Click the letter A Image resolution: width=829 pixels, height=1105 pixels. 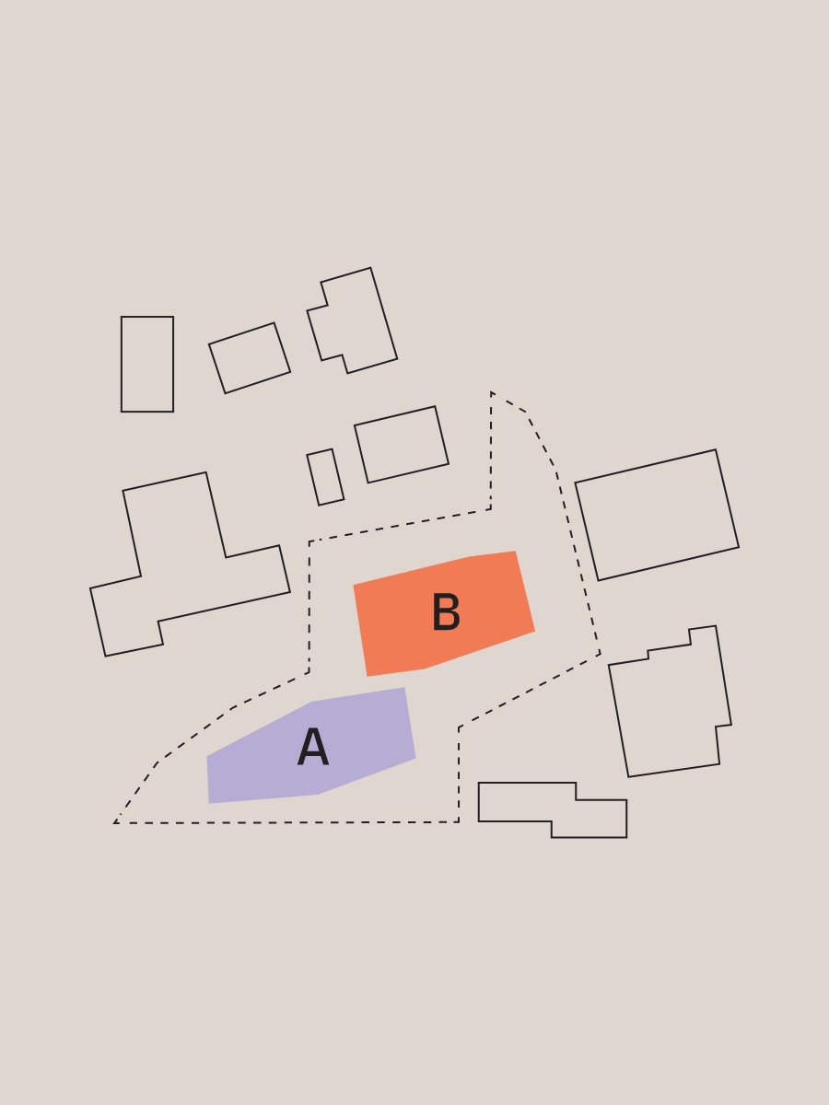(313, 747)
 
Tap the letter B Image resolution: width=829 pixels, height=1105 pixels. (446, 611)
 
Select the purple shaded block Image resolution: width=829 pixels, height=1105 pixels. (311, 746)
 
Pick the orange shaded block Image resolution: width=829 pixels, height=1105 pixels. (444, 613)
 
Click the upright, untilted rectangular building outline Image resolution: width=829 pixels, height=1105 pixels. (122, 364)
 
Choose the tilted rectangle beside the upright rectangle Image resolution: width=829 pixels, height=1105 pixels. (250, 358)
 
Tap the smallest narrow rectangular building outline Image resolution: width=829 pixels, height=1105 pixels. (325, 477)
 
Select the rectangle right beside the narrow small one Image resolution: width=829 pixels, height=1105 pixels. (402, 445)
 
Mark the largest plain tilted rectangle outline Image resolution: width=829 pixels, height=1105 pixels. (657, 515)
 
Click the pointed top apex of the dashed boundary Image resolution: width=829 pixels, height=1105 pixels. (491, 392)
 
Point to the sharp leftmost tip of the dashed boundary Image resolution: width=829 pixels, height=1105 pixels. (115, 823)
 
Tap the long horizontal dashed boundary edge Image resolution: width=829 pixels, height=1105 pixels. (286, 823)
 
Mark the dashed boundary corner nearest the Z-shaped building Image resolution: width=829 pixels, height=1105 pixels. (459, 822)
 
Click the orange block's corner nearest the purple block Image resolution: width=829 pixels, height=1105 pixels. (368, 676)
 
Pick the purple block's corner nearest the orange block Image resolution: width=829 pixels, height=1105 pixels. (404, 688)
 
